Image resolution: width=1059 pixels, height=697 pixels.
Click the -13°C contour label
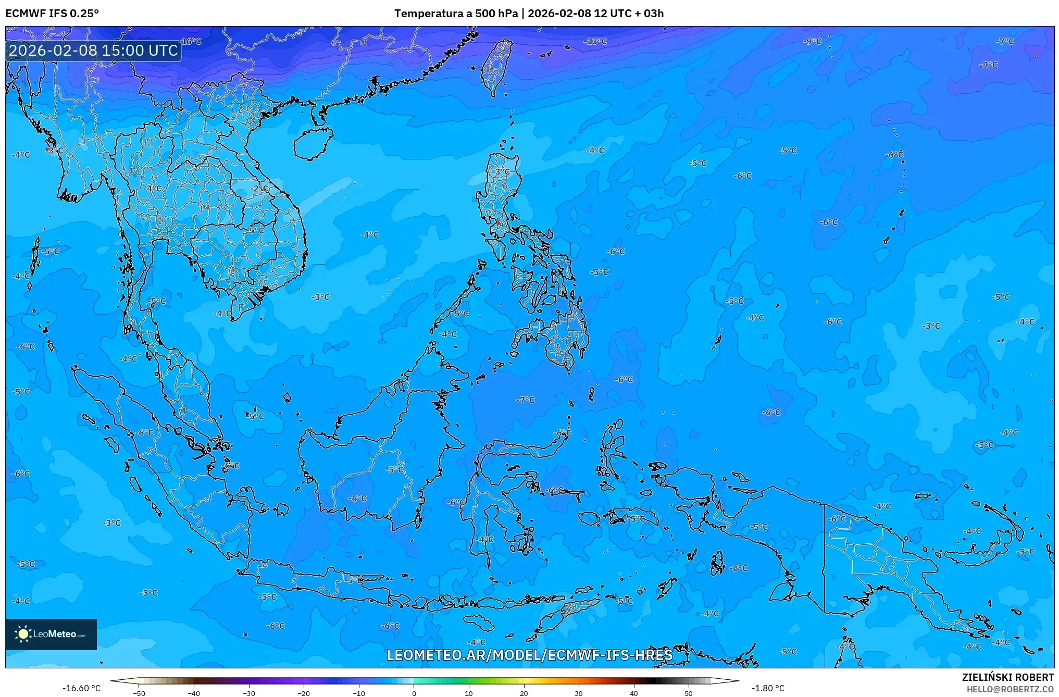point(595,41)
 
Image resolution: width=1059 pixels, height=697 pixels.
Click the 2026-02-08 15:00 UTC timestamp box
point(94,51)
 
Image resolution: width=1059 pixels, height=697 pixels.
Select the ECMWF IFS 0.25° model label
point(52,14)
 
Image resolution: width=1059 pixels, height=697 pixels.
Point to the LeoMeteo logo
point(51,634)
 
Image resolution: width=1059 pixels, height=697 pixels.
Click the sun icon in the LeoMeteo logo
point(23,634)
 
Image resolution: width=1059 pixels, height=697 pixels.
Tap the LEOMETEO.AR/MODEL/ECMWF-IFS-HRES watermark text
point(529,655)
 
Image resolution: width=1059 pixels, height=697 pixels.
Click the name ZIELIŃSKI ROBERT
point(1007,677)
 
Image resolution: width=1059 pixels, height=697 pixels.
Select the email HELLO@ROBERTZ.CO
point(1010,689)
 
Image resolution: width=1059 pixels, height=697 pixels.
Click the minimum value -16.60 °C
point(82,688)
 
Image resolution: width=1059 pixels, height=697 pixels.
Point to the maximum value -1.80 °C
point(768,688)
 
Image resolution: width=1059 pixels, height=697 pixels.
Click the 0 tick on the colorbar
point(414,693)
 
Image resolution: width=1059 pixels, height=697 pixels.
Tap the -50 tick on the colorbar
point(139,693)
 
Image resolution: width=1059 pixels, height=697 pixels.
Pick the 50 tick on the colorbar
point(689,693)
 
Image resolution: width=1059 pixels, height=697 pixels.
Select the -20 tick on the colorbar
point(304,693)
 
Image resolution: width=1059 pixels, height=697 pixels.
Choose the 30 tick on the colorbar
point(579,693)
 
